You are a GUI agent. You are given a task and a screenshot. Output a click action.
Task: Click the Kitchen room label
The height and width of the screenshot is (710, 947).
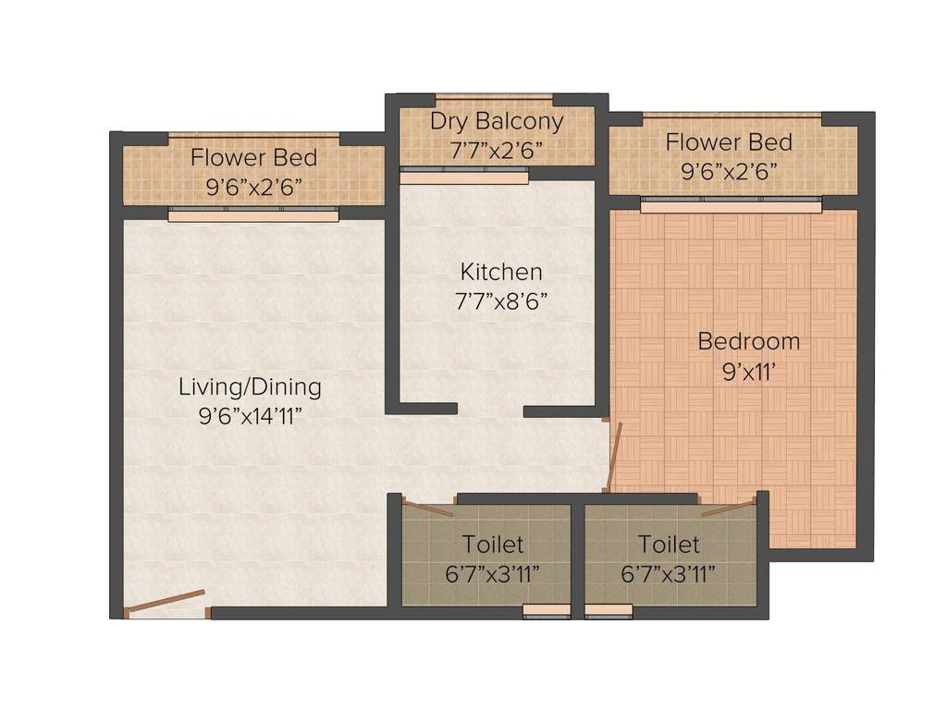(501, 272)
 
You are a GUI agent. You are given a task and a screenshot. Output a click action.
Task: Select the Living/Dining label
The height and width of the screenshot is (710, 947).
(250, 386)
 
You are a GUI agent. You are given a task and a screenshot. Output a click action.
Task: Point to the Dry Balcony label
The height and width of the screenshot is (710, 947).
(497, 121)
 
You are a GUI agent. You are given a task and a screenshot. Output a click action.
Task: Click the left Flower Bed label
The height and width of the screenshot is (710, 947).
(253, 157)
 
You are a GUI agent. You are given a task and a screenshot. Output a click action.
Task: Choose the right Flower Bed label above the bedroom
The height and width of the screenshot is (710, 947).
(729, 142)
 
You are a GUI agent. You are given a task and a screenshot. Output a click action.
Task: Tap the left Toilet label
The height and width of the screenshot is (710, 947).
(493, 545)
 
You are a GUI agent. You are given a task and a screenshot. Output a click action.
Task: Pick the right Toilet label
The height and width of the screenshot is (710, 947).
(669, 545)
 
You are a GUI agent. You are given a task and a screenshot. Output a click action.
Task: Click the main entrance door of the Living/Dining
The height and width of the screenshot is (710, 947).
(165, 601)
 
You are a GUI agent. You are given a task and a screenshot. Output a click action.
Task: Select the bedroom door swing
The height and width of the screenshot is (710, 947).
(613, 456)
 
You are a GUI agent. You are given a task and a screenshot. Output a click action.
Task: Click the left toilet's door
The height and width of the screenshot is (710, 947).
(427, 508)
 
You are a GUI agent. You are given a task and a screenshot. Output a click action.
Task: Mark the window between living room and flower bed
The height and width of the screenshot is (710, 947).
(253, 214)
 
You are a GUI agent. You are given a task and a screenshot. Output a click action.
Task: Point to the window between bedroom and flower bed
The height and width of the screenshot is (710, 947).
(730, 203)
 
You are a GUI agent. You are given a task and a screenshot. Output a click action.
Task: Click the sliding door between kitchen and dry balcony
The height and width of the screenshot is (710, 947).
(464, 175)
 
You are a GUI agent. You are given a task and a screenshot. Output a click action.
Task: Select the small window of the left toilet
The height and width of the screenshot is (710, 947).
(547, 611)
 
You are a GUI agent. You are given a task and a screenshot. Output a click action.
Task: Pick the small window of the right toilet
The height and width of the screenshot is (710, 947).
(609, 611)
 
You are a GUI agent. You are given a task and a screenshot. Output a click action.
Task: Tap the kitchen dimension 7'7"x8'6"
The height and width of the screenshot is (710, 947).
(501, 300)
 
